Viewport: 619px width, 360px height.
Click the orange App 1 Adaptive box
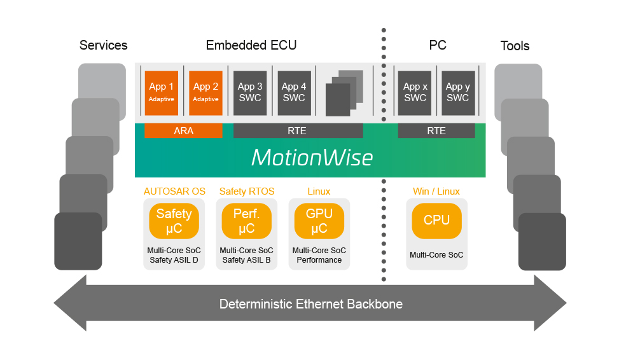click(161, 93)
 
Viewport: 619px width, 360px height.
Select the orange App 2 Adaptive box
click(205, 93)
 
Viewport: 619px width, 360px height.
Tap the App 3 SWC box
click(250, 93)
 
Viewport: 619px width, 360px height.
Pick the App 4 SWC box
click(294, 93)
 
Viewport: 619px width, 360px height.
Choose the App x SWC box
click(415, 93)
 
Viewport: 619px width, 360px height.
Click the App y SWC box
click(458, 93)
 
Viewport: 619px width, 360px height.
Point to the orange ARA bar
click(183, 131)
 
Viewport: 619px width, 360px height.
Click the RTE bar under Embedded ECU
click(298, 131)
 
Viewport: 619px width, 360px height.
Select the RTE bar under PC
click(436, 131)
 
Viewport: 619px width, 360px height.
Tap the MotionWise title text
click(311, 157)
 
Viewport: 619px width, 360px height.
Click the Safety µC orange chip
click(174, 221)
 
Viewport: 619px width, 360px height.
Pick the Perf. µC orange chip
click(247, 221)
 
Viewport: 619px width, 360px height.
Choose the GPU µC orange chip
click(319, 221)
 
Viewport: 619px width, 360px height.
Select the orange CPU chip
click(436, 221)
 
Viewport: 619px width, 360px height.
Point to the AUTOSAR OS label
click(174, 191)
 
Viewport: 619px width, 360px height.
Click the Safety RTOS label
click(247, 191)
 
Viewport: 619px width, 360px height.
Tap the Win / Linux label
click(436, 191)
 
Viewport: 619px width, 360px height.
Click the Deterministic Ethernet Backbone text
click(310, 304)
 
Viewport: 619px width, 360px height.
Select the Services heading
click(103, 45)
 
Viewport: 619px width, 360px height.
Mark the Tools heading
click(515, 46)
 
